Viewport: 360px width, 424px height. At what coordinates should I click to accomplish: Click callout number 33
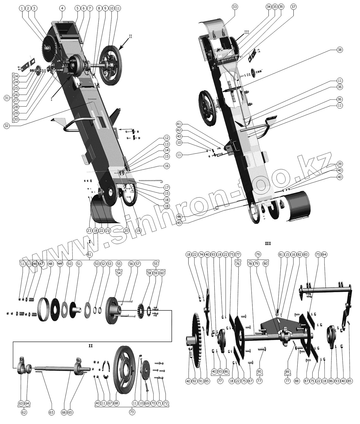[235, 7]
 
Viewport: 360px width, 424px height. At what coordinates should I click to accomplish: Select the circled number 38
[340, 50]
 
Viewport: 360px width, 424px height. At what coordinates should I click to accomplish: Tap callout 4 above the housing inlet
[62, 8]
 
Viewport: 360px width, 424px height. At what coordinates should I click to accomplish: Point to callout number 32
[7, 126]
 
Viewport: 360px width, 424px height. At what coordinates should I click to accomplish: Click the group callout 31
[7, 98]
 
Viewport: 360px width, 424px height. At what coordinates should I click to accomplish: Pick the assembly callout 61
[89, 255]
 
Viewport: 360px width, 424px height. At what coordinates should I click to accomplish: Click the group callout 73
[132, 412]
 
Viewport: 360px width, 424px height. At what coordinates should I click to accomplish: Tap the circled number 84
[324, 255]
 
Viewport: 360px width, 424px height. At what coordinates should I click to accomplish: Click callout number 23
[89, 231]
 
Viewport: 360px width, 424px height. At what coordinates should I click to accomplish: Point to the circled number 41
[179, 124]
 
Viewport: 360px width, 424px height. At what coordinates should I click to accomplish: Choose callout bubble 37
[294, 7]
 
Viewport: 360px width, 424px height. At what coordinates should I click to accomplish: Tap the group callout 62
[24, 412]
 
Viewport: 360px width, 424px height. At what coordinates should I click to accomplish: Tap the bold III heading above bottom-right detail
[268, 243]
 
